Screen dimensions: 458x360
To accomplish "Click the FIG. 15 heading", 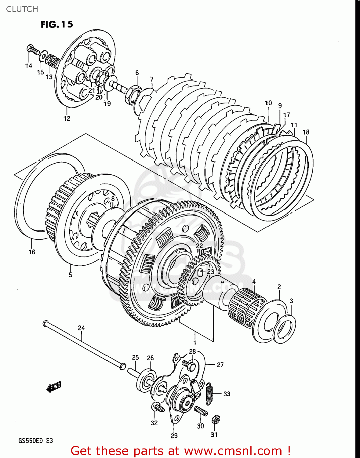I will [57, 24].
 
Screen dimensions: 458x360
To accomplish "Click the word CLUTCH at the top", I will [22, 9].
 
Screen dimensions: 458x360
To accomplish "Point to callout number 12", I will [67, 118].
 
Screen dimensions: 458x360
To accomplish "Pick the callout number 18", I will [306, 132].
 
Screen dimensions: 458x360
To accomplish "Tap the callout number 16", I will [32, 252].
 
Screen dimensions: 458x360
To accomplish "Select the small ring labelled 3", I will [284, 329].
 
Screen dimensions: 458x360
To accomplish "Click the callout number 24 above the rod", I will [81, 328].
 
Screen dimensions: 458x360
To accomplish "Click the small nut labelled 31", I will [216, 420].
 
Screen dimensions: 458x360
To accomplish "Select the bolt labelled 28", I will [189, 364].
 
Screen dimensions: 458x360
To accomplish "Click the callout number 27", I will [220, 365].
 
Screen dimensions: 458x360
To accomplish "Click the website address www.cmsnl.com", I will [233, 451].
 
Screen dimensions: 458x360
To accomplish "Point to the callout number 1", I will [195, 343].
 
